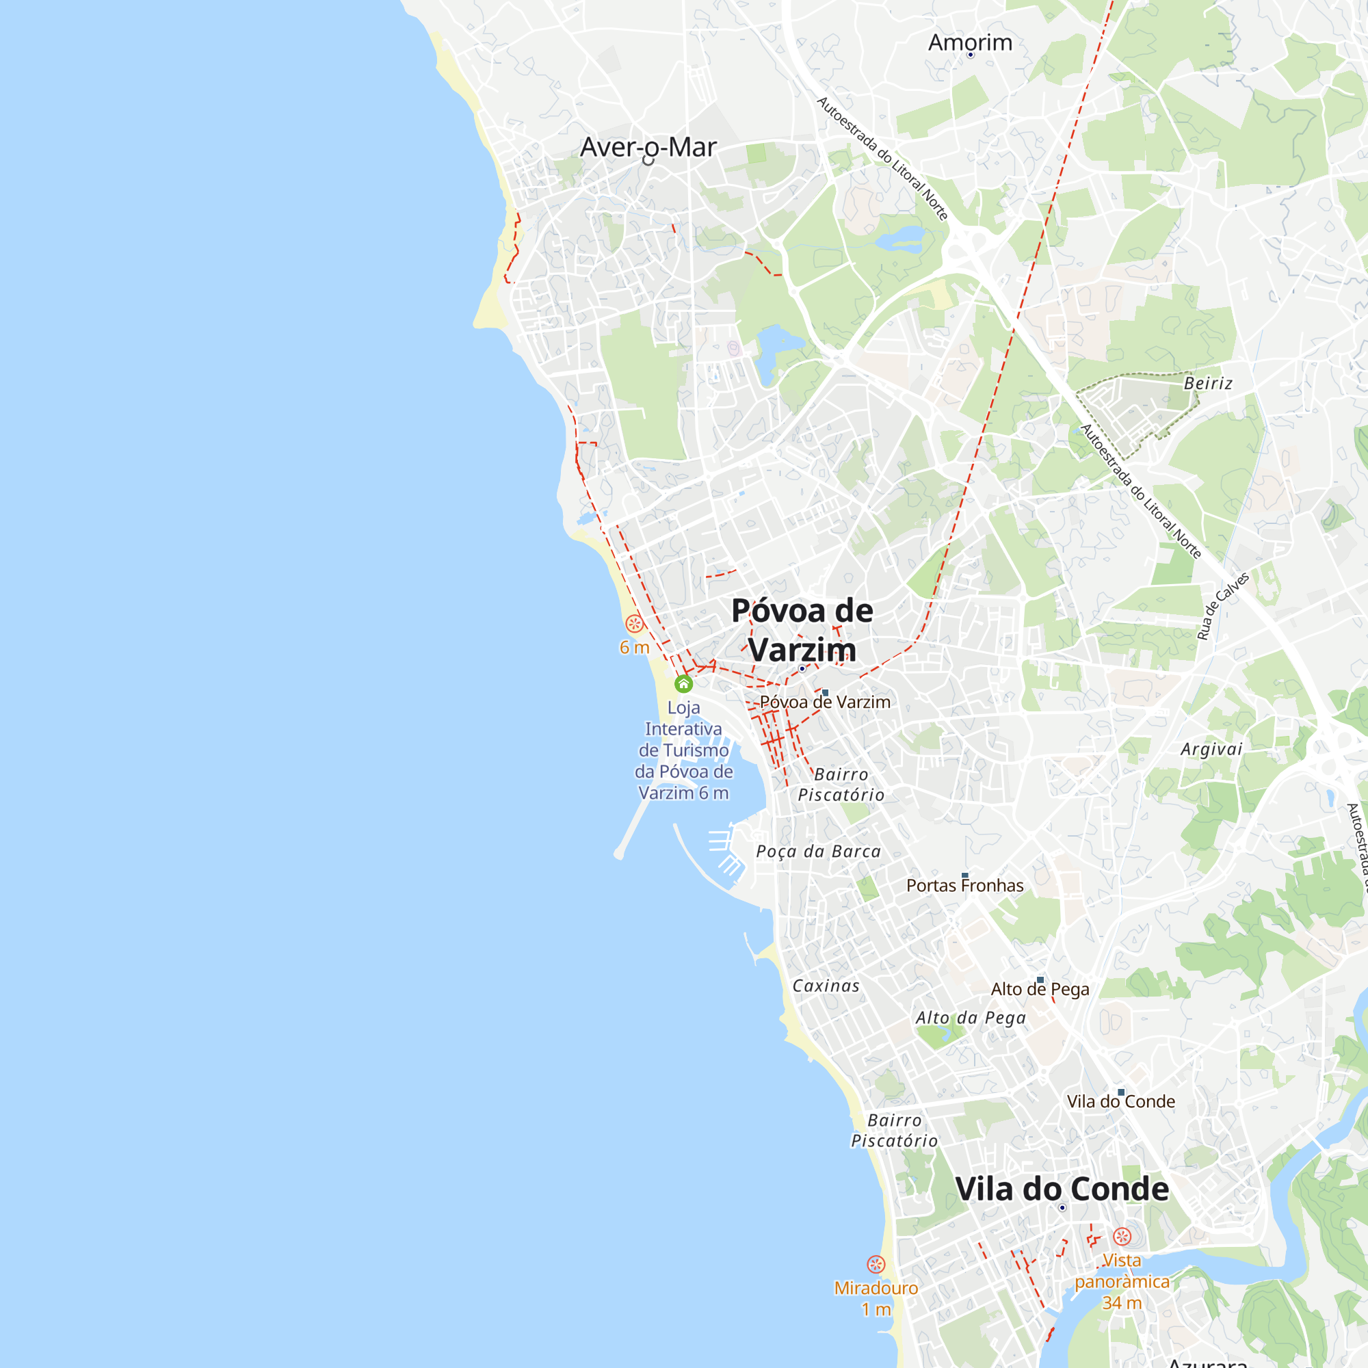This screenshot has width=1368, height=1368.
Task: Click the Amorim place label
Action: point(970,42)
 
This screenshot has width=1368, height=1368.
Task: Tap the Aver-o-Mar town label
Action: point(648,147)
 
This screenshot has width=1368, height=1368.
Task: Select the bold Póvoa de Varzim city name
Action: point(802,629)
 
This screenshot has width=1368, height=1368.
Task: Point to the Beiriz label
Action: point(1208,383)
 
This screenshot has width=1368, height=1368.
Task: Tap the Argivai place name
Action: point(1211,749)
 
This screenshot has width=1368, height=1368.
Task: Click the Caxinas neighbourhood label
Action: point(826,986)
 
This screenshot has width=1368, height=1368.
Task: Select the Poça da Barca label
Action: point(819,851)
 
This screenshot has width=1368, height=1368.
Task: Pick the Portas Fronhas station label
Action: point(964,886)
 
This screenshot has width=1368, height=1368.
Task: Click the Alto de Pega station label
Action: point(1040,989)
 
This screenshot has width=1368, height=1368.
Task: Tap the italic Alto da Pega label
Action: point(970,1018)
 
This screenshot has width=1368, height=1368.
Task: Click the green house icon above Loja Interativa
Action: point(683,683)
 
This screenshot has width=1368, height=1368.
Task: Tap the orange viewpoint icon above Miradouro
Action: point(876,1265)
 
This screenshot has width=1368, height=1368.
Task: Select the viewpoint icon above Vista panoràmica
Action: point(1122,1236)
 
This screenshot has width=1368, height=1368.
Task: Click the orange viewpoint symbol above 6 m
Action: point(635,624)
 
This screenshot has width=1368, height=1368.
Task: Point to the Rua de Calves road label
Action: point(1222,606)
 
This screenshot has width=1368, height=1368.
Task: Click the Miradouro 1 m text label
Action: point(876,1299)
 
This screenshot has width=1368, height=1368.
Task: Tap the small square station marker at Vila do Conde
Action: point(1121,1092)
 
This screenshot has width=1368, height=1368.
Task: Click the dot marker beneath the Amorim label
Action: point(970,55)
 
